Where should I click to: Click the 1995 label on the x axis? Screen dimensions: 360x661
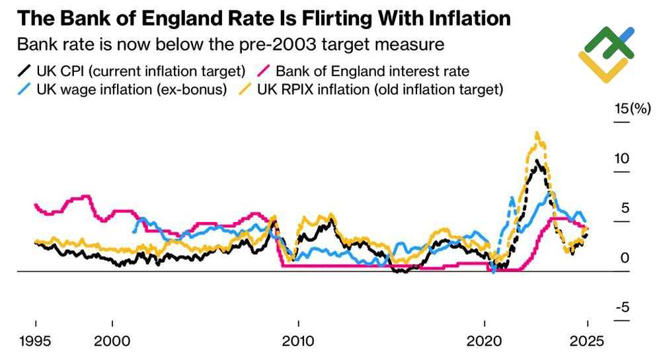pos(35,343)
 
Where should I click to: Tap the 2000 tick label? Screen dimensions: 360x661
pos(113,343)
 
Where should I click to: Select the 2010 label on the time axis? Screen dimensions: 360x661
pos(299,343)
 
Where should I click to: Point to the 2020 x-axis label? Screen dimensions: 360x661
pos(485,343)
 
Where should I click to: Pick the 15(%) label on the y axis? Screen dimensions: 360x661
pos(633,109)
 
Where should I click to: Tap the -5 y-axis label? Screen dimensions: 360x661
pos(623,308)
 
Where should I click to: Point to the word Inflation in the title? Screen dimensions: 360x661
pos(470,18)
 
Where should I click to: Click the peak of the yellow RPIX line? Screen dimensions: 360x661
pos(537,133)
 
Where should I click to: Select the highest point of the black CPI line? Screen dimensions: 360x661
pos(538,160)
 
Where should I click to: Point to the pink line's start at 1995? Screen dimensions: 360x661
pos(36,205)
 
